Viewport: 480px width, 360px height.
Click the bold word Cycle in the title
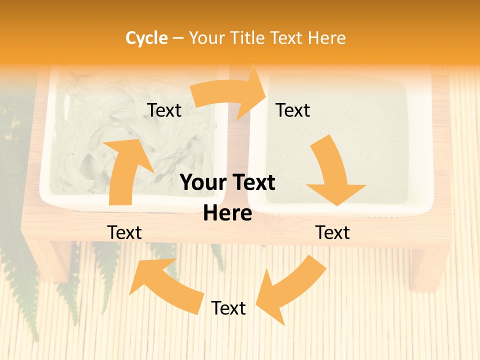pos(146,38)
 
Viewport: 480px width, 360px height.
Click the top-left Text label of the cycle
pos(164,110)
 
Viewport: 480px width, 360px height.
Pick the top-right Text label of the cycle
pos(293,110)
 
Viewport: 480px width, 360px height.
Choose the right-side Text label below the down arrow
pos(332,232)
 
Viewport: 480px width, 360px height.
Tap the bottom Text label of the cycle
pos(228,308)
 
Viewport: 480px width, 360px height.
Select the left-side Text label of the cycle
pos(124,232)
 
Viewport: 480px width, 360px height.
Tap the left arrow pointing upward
pos(125,170)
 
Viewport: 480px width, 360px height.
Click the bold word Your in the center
pos(201,182)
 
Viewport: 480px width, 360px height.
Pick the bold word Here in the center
pos(227,213)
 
